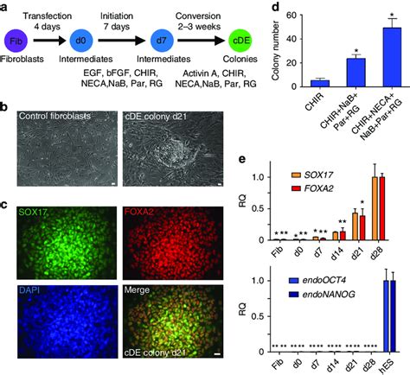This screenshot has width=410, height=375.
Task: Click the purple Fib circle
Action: click(16, 40)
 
